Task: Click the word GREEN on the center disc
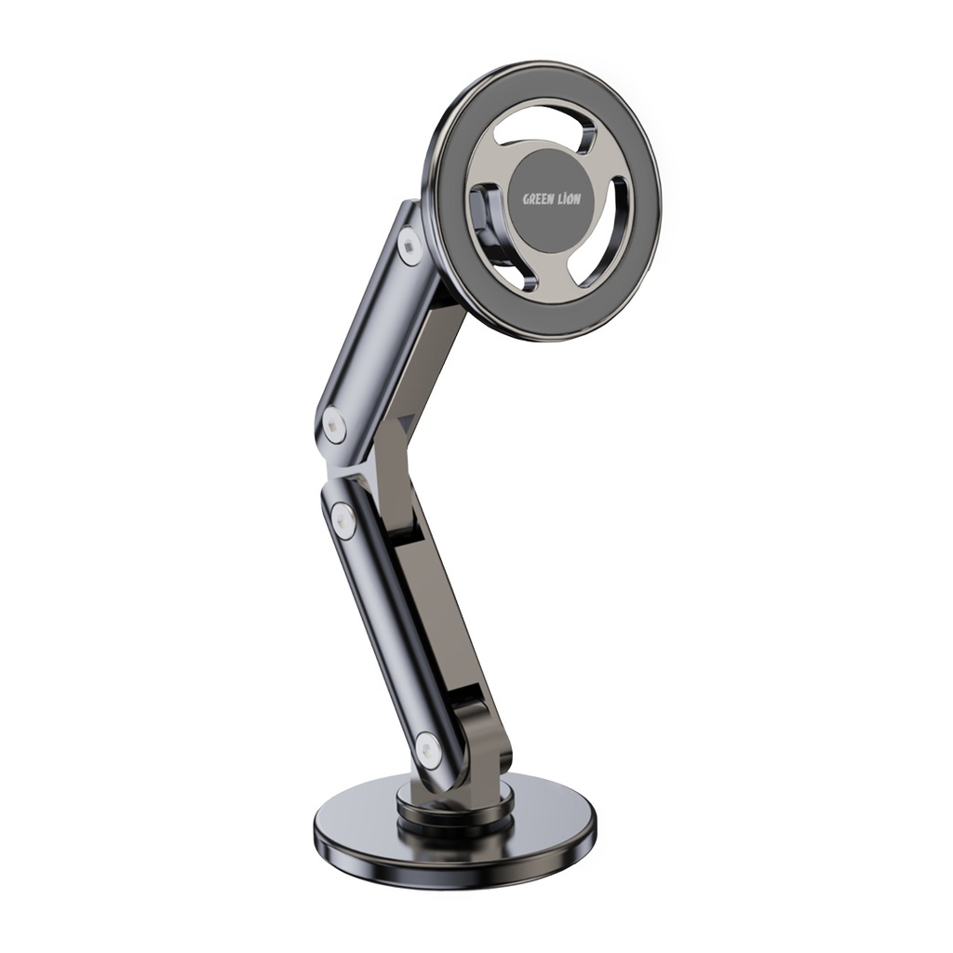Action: pos(537,199)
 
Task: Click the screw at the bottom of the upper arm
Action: pos(334,425)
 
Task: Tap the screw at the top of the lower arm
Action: pos(343,520)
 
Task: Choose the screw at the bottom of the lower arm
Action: pos(427,750)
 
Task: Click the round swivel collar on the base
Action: pos(456,808)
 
